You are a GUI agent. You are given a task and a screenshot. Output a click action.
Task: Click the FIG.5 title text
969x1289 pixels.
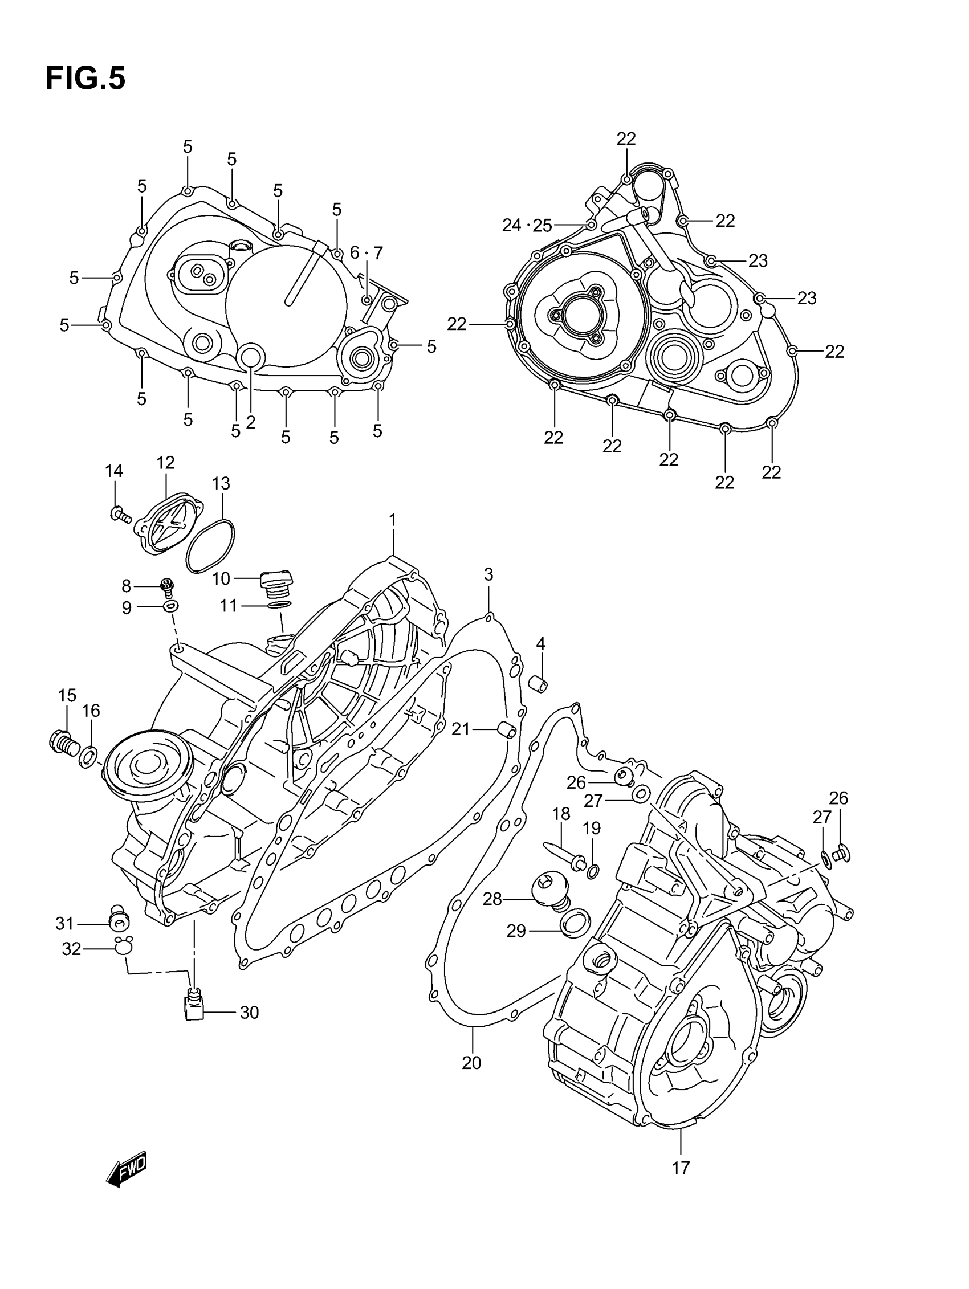point(85,79)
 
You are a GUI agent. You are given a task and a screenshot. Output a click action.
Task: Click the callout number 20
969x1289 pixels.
point(471,1062)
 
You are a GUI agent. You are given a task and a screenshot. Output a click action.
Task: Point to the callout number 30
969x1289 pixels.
point(249,1012)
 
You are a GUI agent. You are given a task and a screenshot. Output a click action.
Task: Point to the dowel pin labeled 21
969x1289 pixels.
point(506,730)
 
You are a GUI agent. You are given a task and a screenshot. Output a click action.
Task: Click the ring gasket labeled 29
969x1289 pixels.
point(575,923)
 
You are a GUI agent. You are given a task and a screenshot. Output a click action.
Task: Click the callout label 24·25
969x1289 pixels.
point(527,225)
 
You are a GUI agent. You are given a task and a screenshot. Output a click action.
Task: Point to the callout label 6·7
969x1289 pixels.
point(366,253)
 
